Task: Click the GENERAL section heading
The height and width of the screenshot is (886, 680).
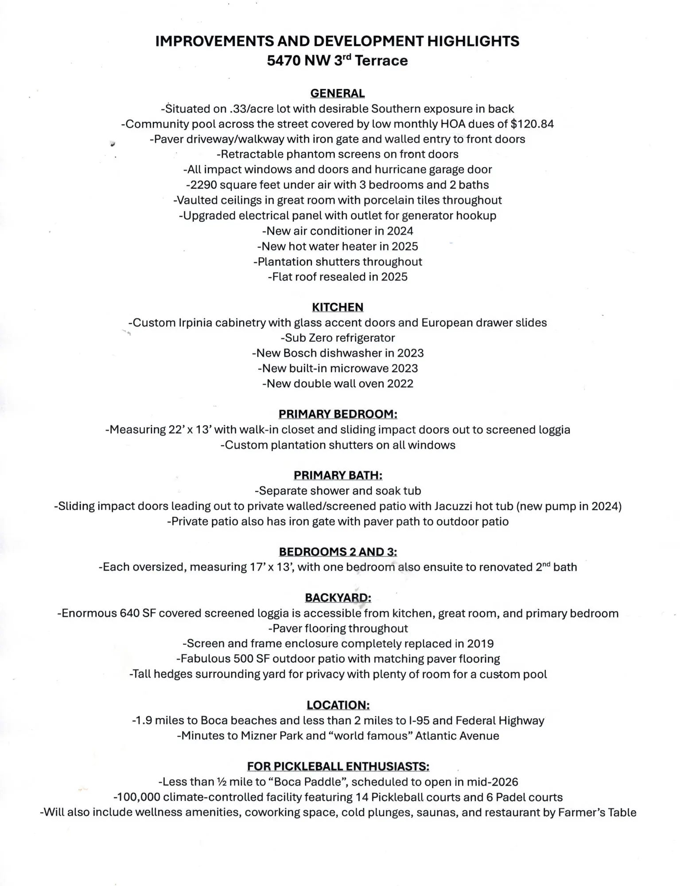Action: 338,93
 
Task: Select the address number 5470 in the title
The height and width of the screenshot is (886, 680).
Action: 284,61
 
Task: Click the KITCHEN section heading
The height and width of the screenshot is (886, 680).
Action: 338,307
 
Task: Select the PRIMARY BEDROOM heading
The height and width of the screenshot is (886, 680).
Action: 338,414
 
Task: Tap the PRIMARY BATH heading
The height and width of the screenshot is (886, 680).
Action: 338,475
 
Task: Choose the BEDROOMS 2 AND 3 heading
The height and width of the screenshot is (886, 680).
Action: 338,552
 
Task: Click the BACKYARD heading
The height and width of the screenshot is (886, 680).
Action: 338,598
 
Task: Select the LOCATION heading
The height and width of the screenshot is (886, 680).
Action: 338,705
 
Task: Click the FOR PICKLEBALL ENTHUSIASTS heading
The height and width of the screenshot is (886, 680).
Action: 338,766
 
